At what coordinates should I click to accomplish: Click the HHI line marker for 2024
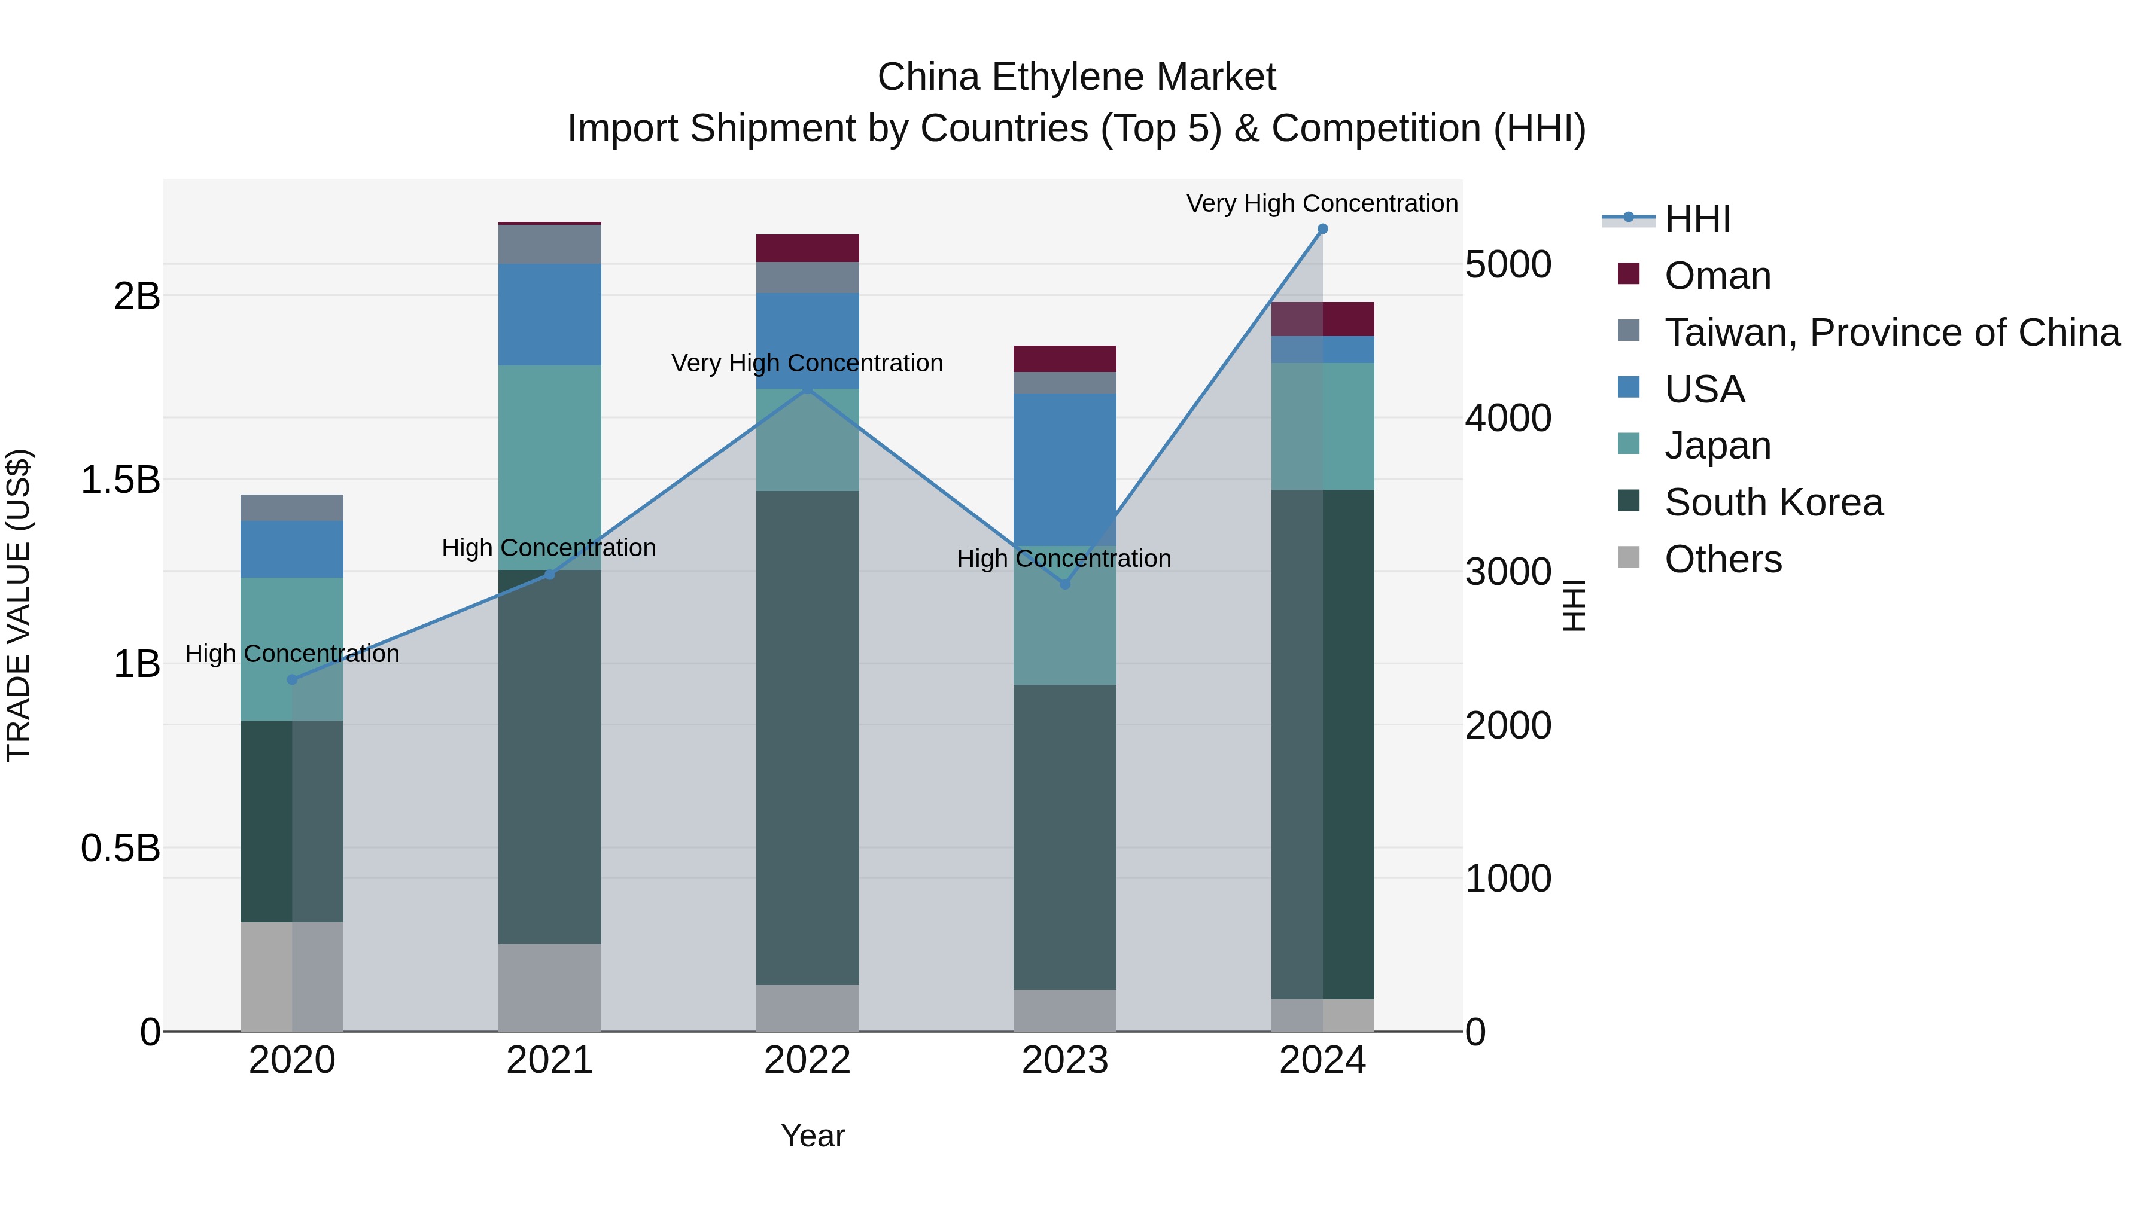click(1322, 229)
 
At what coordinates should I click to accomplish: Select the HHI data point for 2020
click(292, 679)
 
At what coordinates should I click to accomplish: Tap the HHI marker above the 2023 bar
click(1064, 584)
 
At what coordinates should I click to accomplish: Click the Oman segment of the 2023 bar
click(1064, 359)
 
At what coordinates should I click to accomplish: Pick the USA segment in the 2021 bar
click(549, 314)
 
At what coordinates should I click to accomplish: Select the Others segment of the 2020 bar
click(292, 976)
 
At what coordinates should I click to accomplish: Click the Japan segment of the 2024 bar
click(1322, 426)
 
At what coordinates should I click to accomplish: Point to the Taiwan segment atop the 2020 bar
click(292, 507)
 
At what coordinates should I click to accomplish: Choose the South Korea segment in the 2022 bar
click(807, 737)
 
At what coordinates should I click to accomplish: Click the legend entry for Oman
click(1717, 276)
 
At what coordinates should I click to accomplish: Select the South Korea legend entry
click(1773, 502)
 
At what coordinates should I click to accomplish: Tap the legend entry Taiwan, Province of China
click(1891, 333)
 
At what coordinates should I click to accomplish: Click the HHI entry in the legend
click(1697, 219)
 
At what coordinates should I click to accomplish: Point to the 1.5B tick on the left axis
click(120, 480)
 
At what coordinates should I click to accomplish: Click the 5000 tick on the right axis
click(1508, 264)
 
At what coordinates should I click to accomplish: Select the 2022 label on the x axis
click(807, 1060)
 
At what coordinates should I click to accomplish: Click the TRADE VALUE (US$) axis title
click(19, 605)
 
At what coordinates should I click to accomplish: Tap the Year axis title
click(813, 1136)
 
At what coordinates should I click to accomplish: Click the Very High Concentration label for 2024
click(1321, 203)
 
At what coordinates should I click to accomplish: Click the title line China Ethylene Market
click(1076, 77)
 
